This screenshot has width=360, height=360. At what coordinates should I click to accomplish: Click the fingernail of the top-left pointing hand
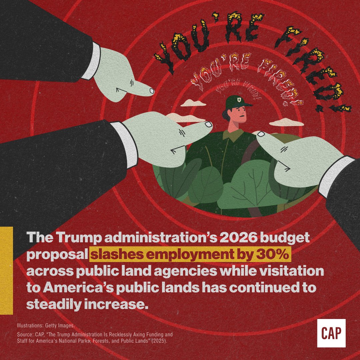152,90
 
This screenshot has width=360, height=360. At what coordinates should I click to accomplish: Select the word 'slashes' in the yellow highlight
110,255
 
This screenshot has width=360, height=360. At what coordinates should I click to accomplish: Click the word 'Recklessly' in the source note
113,334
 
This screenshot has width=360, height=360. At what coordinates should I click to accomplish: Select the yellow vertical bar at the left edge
6,270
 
